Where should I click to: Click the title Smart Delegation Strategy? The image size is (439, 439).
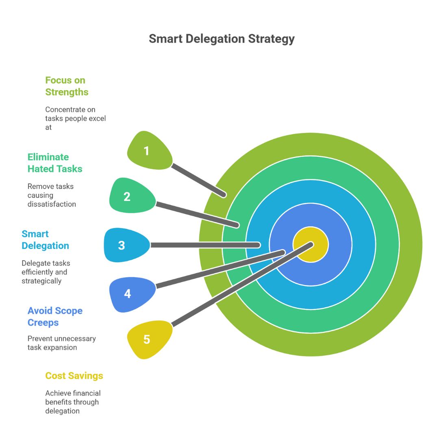[222, 39]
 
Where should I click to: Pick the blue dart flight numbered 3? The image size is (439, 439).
[124, 245]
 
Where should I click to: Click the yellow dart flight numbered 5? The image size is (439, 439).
[147, 339]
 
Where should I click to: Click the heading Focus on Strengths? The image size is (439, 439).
[67, 86]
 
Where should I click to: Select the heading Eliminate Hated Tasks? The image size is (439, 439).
[55, 163]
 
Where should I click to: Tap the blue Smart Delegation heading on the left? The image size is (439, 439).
[45, 240]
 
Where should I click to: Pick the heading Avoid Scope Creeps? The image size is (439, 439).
[55, 317]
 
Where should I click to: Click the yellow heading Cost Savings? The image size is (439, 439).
[74, 376]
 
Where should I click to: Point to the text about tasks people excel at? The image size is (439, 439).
[75, 118]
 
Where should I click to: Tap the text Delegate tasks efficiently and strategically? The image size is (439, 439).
[46, 272]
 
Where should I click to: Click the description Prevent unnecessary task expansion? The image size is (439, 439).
[61, 343]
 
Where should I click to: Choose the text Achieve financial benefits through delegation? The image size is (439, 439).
[73, 402]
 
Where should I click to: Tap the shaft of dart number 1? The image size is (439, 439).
[199, 181]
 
